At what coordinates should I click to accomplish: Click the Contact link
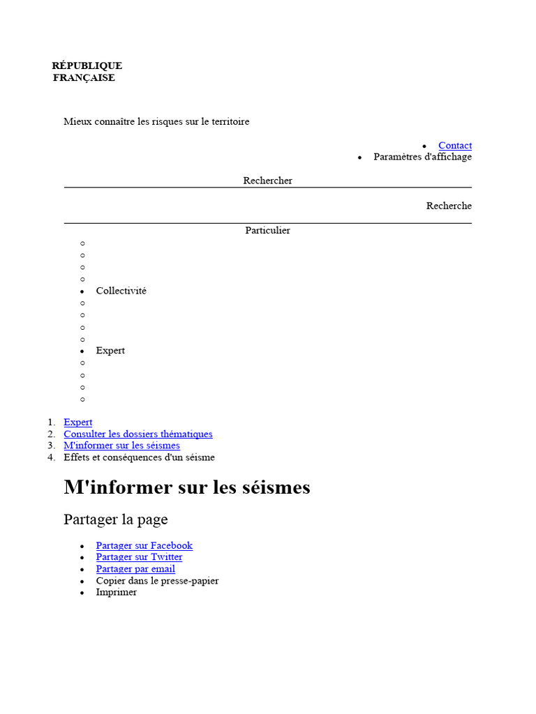pos(454,145)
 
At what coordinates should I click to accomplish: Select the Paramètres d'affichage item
pos(422,157)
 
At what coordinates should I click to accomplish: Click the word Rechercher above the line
pos(267,181)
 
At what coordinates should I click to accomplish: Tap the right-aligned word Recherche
pos(449,206)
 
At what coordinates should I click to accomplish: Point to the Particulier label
pos(267,230)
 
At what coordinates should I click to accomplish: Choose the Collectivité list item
pos(121,291)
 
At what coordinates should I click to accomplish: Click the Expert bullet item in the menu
pos(110,351)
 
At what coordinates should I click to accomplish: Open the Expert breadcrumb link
pos(77,423)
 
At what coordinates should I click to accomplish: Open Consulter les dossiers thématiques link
pos(137,434)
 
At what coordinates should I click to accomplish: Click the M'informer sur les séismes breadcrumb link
pos(121,446)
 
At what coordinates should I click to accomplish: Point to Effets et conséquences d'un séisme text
pos(139,457)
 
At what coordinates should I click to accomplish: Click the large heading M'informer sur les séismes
pos(186,487)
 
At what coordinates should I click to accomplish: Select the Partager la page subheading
pos(115,519)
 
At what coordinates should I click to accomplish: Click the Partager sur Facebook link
pos(144,546)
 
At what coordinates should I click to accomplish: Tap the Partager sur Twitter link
pos(139,557)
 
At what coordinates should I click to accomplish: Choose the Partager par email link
pos(135,569)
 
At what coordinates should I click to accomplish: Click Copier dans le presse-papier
pos(157,581)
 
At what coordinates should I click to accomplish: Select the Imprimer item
pos(117,592)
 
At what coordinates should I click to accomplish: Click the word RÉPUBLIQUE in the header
pos(87,66)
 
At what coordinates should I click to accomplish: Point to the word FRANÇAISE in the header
pos(84,78)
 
